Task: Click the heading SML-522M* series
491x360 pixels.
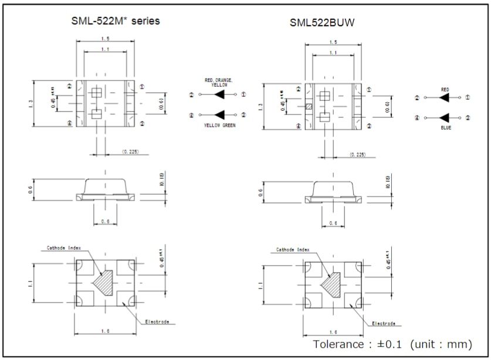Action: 115,21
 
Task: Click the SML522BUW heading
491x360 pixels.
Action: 321,23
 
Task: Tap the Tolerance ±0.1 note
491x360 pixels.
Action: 392,344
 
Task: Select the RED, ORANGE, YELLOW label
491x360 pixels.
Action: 218,82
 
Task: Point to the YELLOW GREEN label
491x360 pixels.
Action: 219,125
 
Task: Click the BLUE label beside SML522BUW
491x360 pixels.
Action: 446,127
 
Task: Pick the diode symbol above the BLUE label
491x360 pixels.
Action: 445,118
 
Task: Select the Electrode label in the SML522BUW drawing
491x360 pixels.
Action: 384,323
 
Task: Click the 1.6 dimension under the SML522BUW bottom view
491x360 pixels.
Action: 333,332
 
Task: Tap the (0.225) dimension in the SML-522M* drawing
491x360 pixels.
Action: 130,151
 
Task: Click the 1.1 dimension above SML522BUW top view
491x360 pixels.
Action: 333,53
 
